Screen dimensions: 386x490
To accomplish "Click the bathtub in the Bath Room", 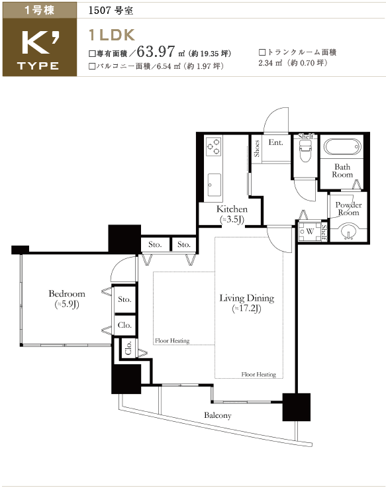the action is pyautogui.click(x=342, y=146).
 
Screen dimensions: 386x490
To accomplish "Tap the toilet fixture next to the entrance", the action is pyautogui.click(x=305, y=150).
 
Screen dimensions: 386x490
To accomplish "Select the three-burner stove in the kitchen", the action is pyautogui.click(x=214, y=146).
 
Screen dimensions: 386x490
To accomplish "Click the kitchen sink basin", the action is pyautogui.click(x=214, y=185).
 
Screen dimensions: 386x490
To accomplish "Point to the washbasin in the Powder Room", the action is pyautogui.click(x=348, y=232).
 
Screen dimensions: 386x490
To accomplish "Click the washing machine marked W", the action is pyautogui.click(x=307, y=232).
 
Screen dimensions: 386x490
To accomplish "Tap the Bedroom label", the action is pyautogui.click(x=67, y=293).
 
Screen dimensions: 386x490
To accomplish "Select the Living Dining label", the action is pyautogui.click(x=247, y=298).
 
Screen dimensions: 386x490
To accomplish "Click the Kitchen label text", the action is pyautogui.click(x=232, y=209).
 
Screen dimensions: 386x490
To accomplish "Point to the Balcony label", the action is pyautogui.click(x=218, y=415).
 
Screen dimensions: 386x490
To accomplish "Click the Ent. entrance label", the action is pyautogui.click(x=275, y=142).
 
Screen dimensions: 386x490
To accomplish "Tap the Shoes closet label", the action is pyautogui.click(x=257, y=148).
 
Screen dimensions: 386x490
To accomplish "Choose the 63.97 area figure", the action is pyautogui.click(x=156, y=52).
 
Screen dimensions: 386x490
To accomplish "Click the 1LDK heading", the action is pyautogui.click(x=112, y=35).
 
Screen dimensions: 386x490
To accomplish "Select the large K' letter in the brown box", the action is pyautogui.click(x=40, y=44).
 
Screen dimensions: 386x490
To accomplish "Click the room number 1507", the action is pyautogui.click(x=100, y=11).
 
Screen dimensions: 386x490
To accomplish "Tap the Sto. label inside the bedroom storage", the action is pyautogui.click(x=124, y=299).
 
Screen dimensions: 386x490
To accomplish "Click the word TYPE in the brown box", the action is pyautogui.click(x=38, y=66).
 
